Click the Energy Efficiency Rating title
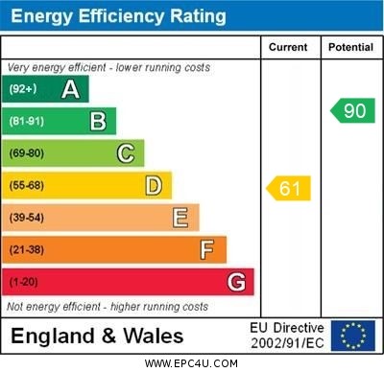click(118, 16)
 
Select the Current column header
click(288, 47)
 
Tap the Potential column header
click(350, 47)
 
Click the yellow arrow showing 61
click(288, 188)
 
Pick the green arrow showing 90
click(352, 110)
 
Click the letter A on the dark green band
click(70, 90)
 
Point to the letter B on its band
click(98, 121)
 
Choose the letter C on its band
click(126, 153)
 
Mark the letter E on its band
click(180, 218)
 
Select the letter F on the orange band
click(207, 250)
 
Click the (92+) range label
click(23, 90)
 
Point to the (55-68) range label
click(27, 186)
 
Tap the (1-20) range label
click(24, 283)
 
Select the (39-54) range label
click(27, 219)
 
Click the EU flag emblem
click(353, 336)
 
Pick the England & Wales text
click(97, 336)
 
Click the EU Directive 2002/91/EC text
click(287, 336)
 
